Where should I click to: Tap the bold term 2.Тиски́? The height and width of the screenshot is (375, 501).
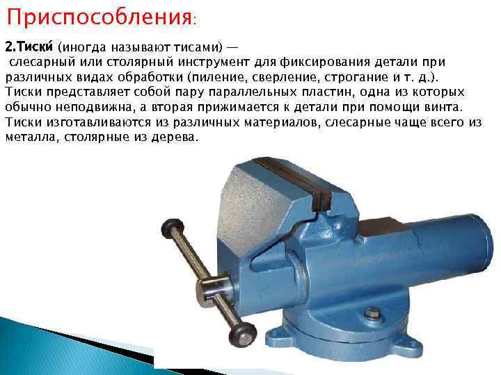[29, 48]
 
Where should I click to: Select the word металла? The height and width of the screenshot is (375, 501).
[26, 137]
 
